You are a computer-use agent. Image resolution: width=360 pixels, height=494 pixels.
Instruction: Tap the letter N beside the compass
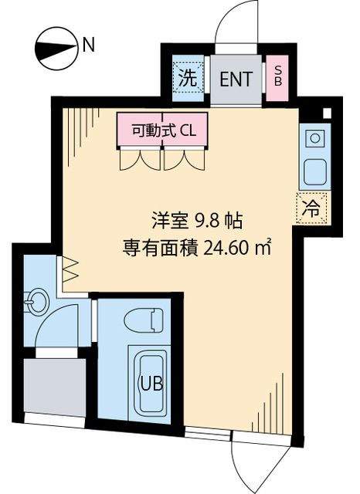pos(89,45)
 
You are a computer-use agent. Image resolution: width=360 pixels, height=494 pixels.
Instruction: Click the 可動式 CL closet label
pos(163,130)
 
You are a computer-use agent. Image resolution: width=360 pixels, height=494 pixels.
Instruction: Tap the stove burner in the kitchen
pos(315,139)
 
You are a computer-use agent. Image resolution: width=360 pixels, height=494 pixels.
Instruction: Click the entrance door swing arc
pos(232,23)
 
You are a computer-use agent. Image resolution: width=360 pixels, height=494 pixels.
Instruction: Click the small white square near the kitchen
pos(327,113)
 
